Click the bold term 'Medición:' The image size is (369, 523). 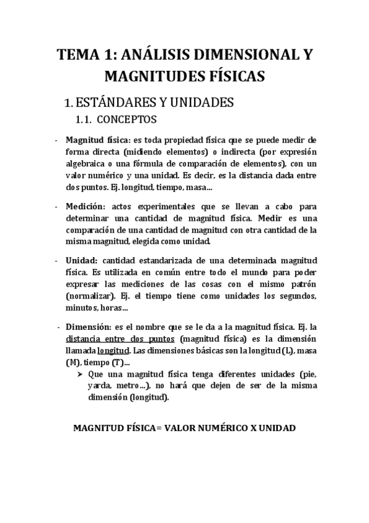click(86, 207)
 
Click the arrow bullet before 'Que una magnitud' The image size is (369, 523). click(80, 374)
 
